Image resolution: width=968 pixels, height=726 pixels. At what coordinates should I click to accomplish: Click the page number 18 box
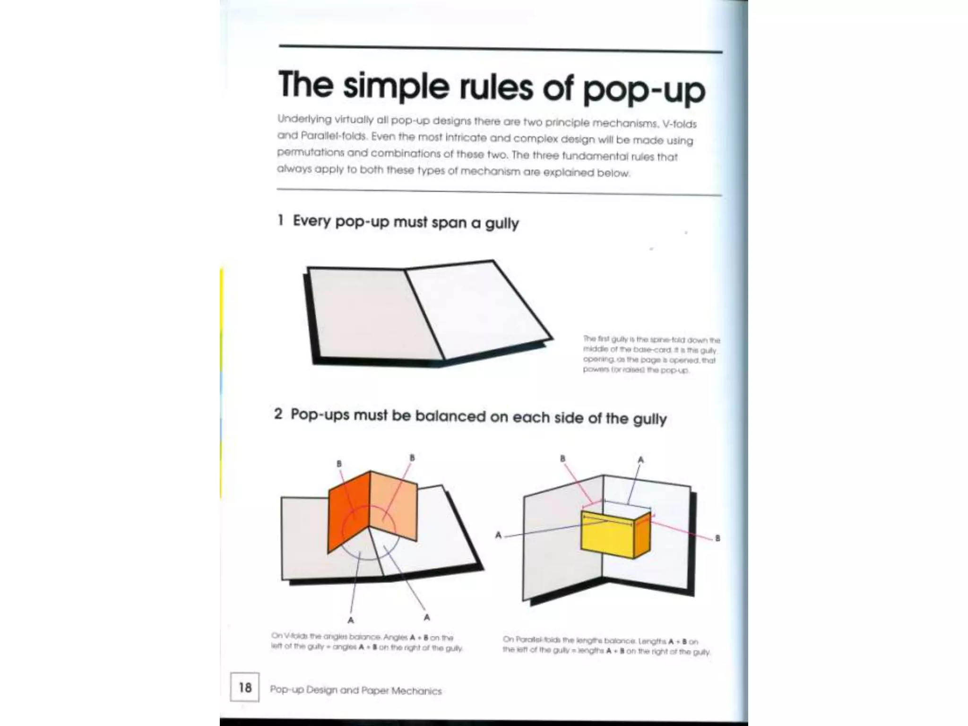(244, 687)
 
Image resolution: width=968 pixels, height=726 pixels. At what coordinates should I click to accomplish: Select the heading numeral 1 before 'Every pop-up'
(280, 220)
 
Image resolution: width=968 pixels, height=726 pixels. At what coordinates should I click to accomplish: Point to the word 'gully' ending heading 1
(501, 223)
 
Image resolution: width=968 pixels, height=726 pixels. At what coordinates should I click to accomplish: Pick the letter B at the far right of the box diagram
(717, 538)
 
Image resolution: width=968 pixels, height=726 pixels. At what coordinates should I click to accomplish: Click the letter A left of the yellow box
(498, 536)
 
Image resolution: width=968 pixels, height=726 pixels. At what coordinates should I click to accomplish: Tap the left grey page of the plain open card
(369, 314)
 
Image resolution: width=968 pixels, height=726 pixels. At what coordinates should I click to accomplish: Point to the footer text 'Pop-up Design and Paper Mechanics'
(355, 691)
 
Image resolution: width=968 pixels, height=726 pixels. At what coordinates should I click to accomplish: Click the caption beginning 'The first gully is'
(650, 354)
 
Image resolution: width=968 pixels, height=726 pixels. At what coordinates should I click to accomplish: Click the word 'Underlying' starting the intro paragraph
(302, 119)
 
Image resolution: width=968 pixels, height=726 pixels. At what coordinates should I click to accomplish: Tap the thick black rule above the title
(500, 49)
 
